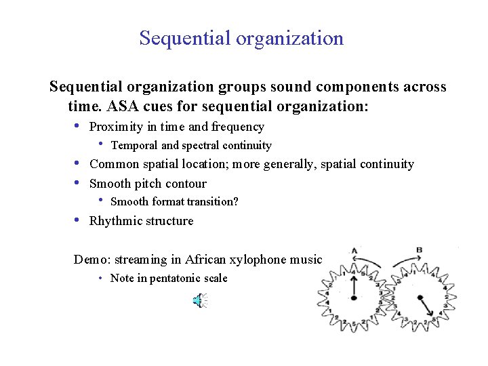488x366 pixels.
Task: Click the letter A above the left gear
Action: [x=353, y=250]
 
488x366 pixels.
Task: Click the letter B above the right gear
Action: [x=419, y=250]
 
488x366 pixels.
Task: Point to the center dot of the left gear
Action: [x=353, y=298]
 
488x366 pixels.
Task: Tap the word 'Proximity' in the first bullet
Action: [x=117, y=127]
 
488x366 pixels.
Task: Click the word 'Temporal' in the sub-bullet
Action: [x=134, y=145]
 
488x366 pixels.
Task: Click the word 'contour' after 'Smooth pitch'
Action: [x=186, y=184]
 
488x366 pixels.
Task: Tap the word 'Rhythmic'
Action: [x=115, y=221]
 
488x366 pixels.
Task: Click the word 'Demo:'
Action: [x=92, y=259]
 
